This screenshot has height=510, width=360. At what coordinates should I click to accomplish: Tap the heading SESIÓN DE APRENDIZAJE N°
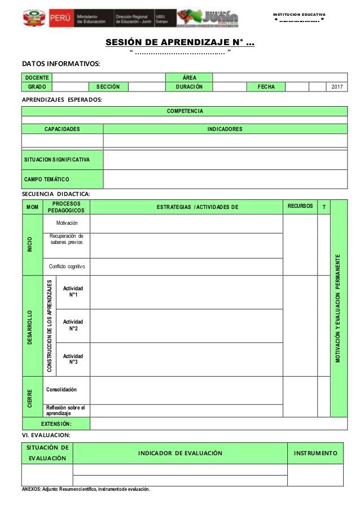coord(180,42)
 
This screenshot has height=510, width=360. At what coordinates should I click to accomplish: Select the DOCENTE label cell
coord(36,77)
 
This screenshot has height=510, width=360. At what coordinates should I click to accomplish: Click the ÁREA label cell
coord(190,77)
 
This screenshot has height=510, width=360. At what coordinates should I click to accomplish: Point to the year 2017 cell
coord(337,86)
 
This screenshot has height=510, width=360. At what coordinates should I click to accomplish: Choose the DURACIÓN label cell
coord(190,86)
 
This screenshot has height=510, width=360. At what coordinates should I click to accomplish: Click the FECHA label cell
coord(266,86)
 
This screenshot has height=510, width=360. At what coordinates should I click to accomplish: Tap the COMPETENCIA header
coord(185,111)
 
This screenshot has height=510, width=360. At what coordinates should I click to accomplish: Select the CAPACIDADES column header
coord(62,129)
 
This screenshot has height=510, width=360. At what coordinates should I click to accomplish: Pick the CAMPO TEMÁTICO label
coord(47,180)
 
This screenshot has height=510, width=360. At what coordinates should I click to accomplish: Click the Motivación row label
coord(67,223)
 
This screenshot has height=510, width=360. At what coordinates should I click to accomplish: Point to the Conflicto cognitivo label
coord(67,266)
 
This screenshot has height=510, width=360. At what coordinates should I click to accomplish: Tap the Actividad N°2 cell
coord(73,325)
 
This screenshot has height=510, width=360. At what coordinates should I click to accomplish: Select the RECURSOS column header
coord(300,206)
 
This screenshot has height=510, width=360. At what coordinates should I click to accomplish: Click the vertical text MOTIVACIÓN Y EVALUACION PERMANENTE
coord(339,308)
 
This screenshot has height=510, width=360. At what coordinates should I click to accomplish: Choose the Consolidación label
coord(62,390)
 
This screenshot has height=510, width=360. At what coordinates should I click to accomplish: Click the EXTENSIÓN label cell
coord(56,423)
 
